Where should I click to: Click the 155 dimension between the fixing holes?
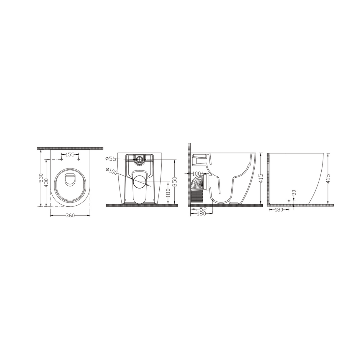[x=70, y=155]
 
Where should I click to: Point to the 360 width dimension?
[x=70, y=215]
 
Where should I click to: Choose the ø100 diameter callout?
[x=112, y=171]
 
